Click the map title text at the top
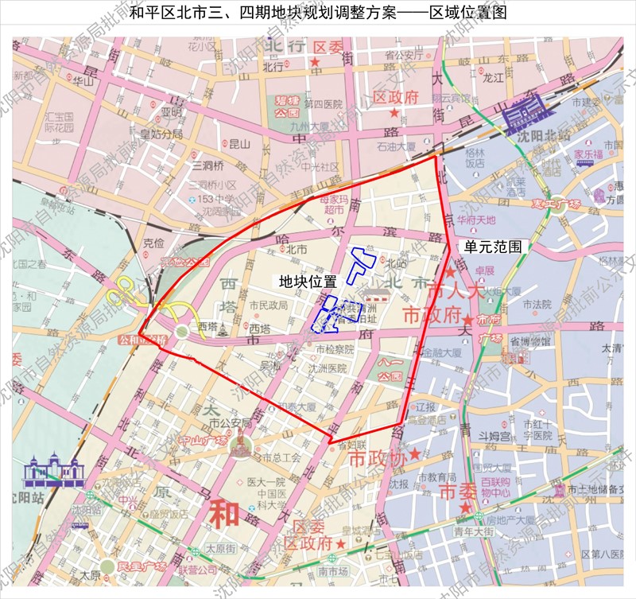coord(317,14)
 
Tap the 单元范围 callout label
coord(494,247)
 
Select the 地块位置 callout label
coord(308,282)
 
